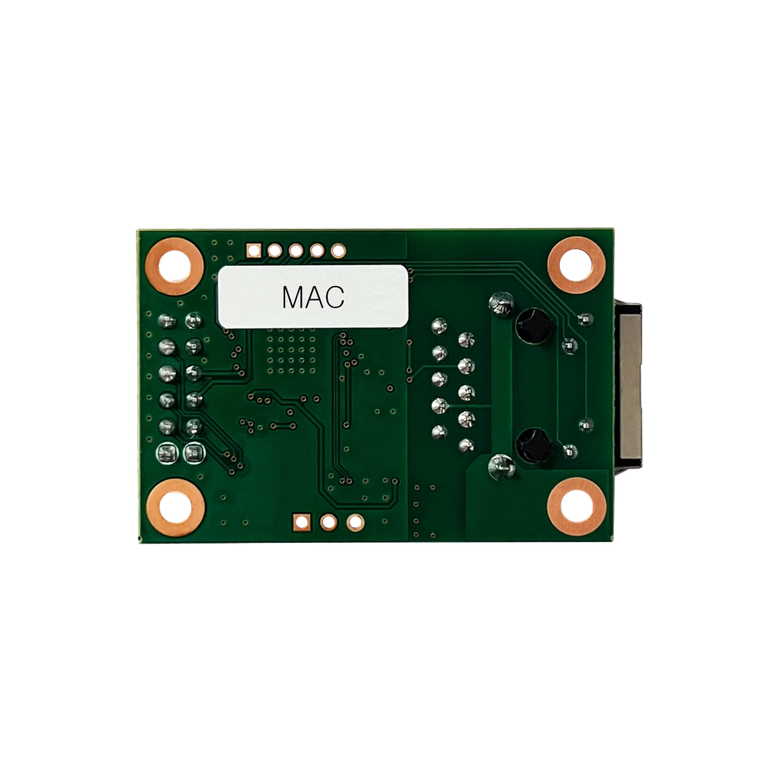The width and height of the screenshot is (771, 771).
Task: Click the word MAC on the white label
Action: tap(313, 297)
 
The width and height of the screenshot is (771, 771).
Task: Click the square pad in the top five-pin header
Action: tap(254, 251)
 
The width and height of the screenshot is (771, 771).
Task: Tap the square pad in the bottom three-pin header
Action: tap(301, 522)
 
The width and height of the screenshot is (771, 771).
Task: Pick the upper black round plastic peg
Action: tap(533, 325)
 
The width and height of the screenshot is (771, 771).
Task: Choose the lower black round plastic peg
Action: tap(533, 445)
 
